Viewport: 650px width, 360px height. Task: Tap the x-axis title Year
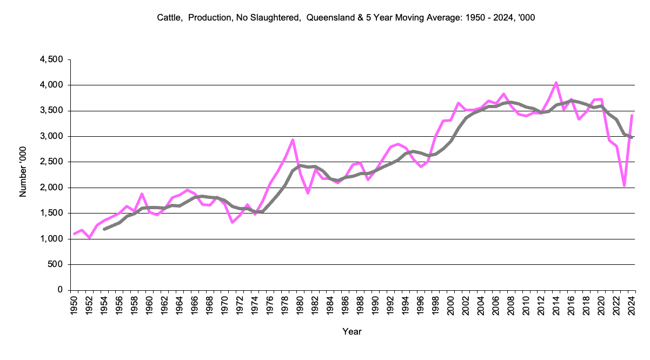pyautogui.click(x=351, y=331)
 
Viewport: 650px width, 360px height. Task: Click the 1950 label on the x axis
pyautogui.click(x=74, y=303)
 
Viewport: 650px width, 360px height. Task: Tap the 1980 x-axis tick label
pyautogui.click(x=300, y=303)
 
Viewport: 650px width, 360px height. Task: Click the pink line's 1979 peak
pyautogui.click(x=293, y=140)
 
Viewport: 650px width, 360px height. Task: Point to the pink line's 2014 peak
pyautogui.click(x=556, y=83)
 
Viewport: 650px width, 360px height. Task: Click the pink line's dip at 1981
pyautogui.click(x=307, y=193)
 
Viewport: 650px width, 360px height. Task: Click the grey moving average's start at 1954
pyautogui.click(x=104, y=229)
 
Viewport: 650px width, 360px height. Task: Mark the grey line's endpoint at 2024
pyautogui.click(x=632, y=137)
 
